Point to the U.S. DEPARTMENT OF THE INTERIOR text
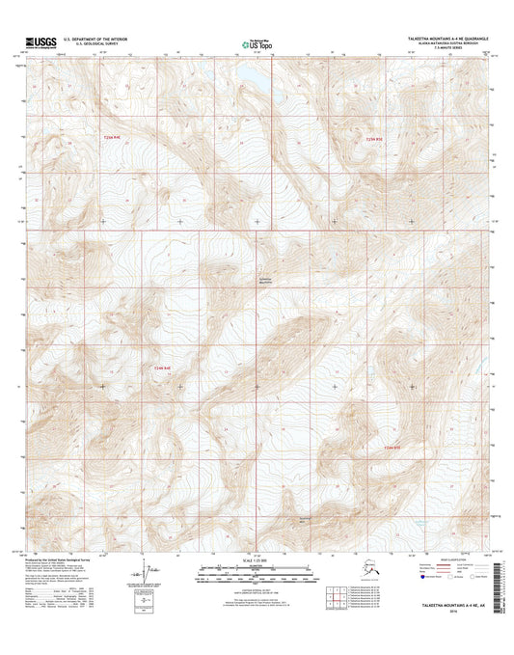click(96, 38)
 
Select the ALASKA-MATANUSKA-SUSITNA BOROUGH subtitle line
click(447, 43)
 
